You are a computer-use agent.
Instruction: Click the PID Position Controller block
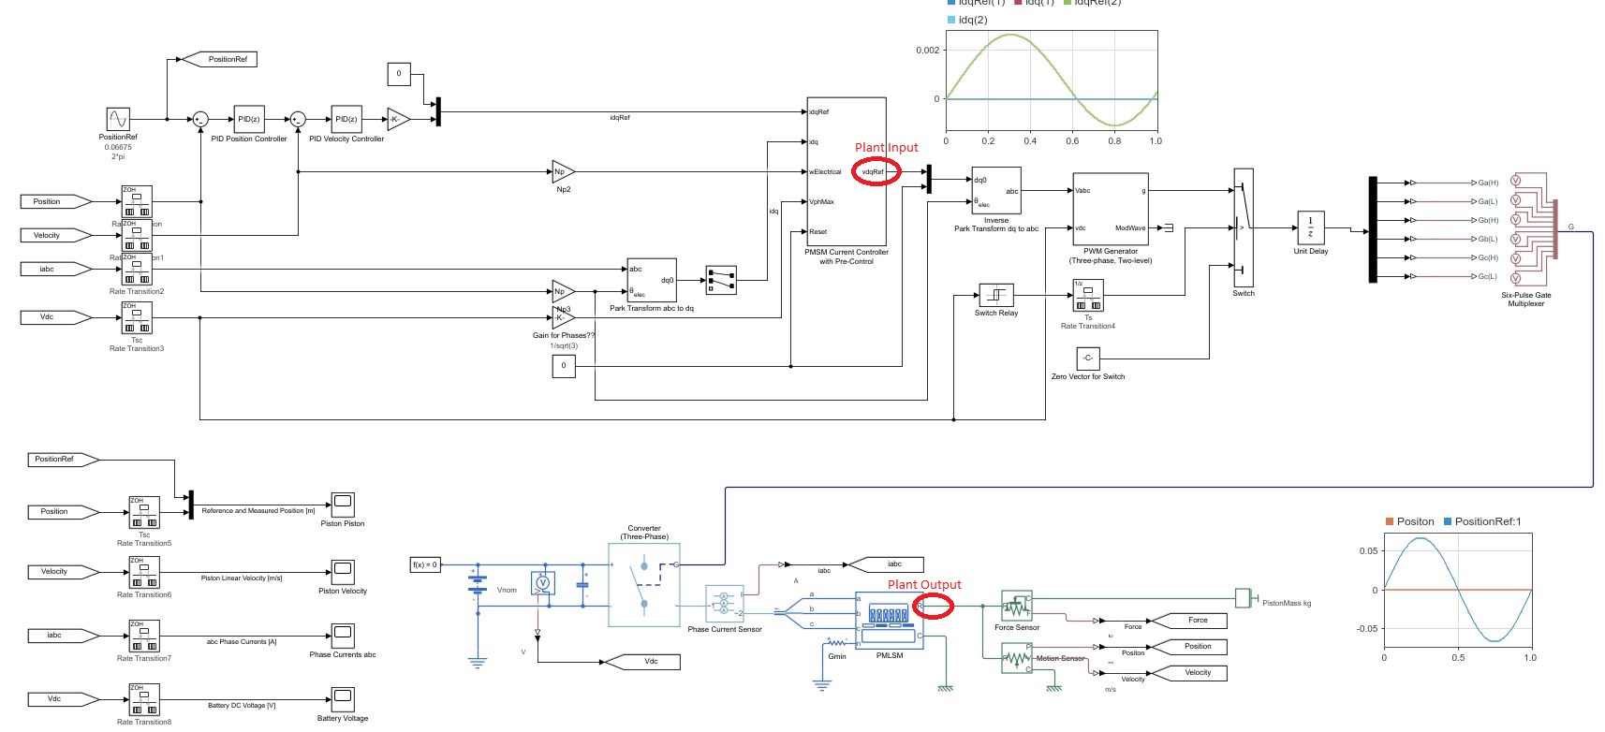click(248, 119)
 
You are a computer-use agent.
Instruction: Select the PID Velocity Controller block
click(346, 119)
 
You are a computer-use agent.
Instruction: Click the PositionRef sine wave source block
click(118, 119)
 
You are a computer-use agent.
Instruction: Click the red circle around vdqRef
click(876, 171)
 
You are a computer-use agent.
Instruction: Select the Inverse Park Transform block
click(996, 191)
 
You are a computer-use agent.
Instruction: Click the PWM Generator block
click(1110, 209)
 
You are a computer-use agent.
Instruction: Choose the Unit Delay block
click(1310, 227)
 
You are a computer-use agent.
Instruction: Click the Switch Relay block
click(995, 295)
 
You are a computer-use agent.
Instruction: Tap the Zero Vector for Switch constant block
click(1087, 359)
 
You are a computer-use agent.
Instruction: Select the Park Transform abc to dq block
click(651, 280)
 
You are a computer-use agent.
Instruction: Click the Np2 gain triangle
click(562, 171)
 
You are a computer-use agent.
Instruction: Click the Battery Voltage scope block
click(343, 698)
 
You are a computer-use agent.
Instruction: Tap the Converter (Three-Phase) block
click(643, 585)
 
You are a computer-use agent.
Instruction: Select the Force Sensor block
click(1016, 606)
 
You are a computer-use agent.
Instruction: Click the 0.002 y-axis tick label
click(927, 51)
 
